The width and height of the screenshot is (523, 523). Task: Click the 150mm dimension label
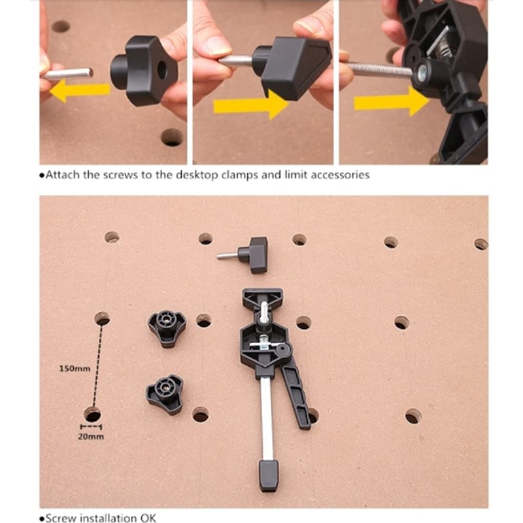pyautogui.click(x=75, y=368)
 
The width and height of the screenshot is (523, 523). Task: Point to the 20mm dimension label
pyautogui.click(x=92, y=436)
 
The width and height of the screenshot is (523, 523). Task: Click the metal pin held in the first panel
pyautogui.click(x=69, y=73)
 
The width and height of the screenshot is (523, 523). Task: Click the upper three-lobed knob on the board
pyautogui.click(x=167, y=325)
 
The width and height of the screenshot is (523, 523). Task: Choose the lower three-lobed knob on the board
pyautogui.click(x=165, y=394)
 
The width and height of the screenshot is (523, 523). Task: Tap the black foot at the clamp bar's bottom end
pyautogui.click(x=269, y=475)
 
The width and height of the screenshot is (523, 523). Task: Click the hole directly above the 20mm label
pyautogui.click(x=92, y=414)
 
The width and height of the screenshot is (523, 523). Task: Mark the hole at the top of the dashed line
pyautogui.click(x=102, y=318)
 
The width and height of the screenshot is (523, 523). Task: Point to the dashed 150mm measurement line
pyautogui.click(x=97, y=366)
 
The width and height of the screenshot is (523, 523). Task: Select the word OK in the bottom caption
pyautogui.click(x=148, y=518)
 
